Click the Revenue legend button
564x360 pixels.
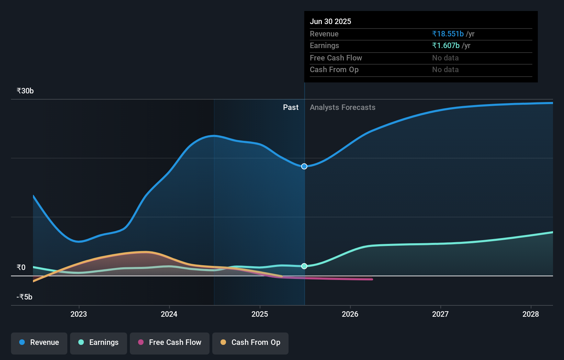[x=39, y=342]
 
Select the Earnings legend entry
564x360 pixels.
[x=99, y=342]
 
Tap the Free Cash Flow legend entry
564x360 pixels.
[x=170, y=342]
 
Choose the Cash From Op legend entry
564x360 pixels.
[x=250, y=342]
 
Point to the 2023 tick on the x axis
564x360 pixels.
[x=79, y=314]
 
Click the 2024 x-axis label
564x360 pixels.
[x=169, y=314]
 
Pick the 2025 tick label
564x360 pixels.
[x=260, y=314]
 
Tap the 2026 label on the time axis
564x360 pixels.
[x=350, y=314]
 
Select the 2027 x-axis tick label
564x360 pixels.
[x=440, y=314]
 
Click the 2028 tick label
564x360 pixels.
[x=531, y=314]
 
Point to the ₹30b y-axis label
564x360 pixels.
[x=25, y=91]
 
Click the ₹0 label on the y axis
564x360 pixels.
[x=21, y=267]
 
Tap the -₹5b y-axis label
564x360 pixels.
[x=24, y=297]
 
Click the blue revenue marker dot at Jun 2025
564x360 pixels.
[x=304, y=166]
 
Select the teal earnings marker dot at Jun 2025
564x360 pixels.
[x=304, y=266]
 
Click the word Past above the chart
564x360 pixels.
[x=291, y=108]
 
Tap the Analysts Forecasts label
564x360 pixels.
[x=342, y=108]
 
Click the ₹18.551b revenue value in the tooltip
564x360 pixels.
[x=448, y=34]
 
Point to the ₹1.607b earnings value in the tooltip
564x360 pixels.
[x=446, y=46]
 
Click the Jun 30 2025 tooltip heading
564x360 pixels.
[x=330, y=21]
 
